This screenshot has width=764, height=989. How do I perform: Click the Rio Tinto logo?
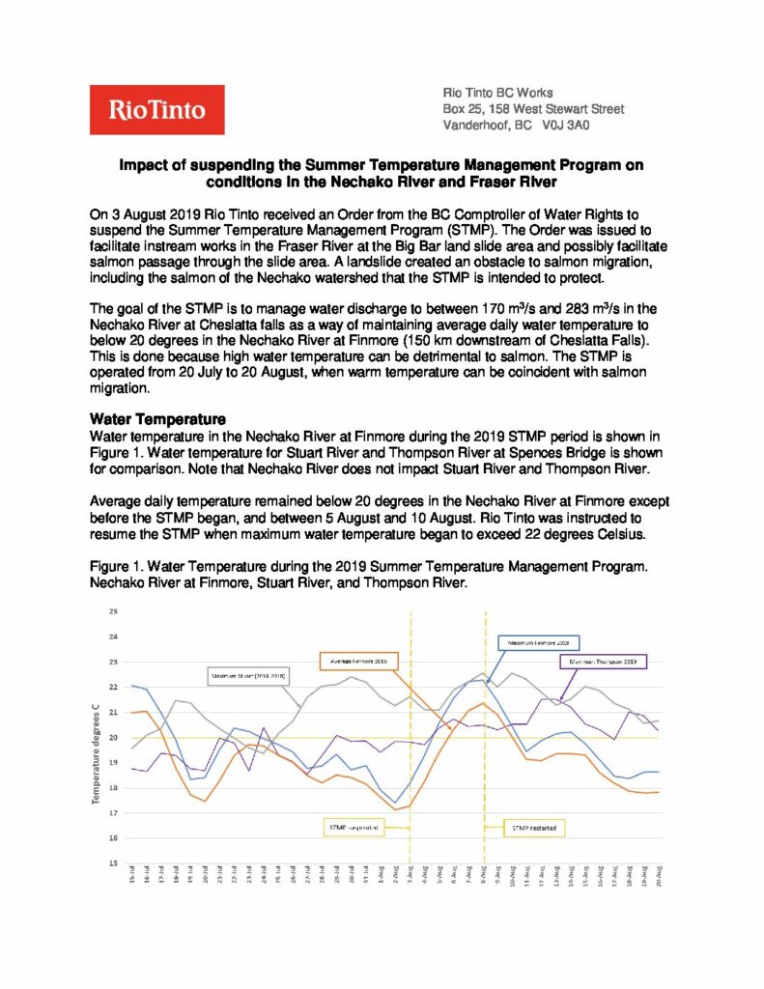click(x=156, y=110)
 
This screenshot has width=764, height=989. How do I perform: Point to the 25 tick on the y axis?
click(x=112, y=612)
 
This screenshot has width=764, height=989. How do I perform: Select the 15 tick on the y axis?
click(x=112, y=862)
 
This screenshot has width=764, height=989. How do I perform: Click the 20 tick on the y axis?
click(x=112, y=738)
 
